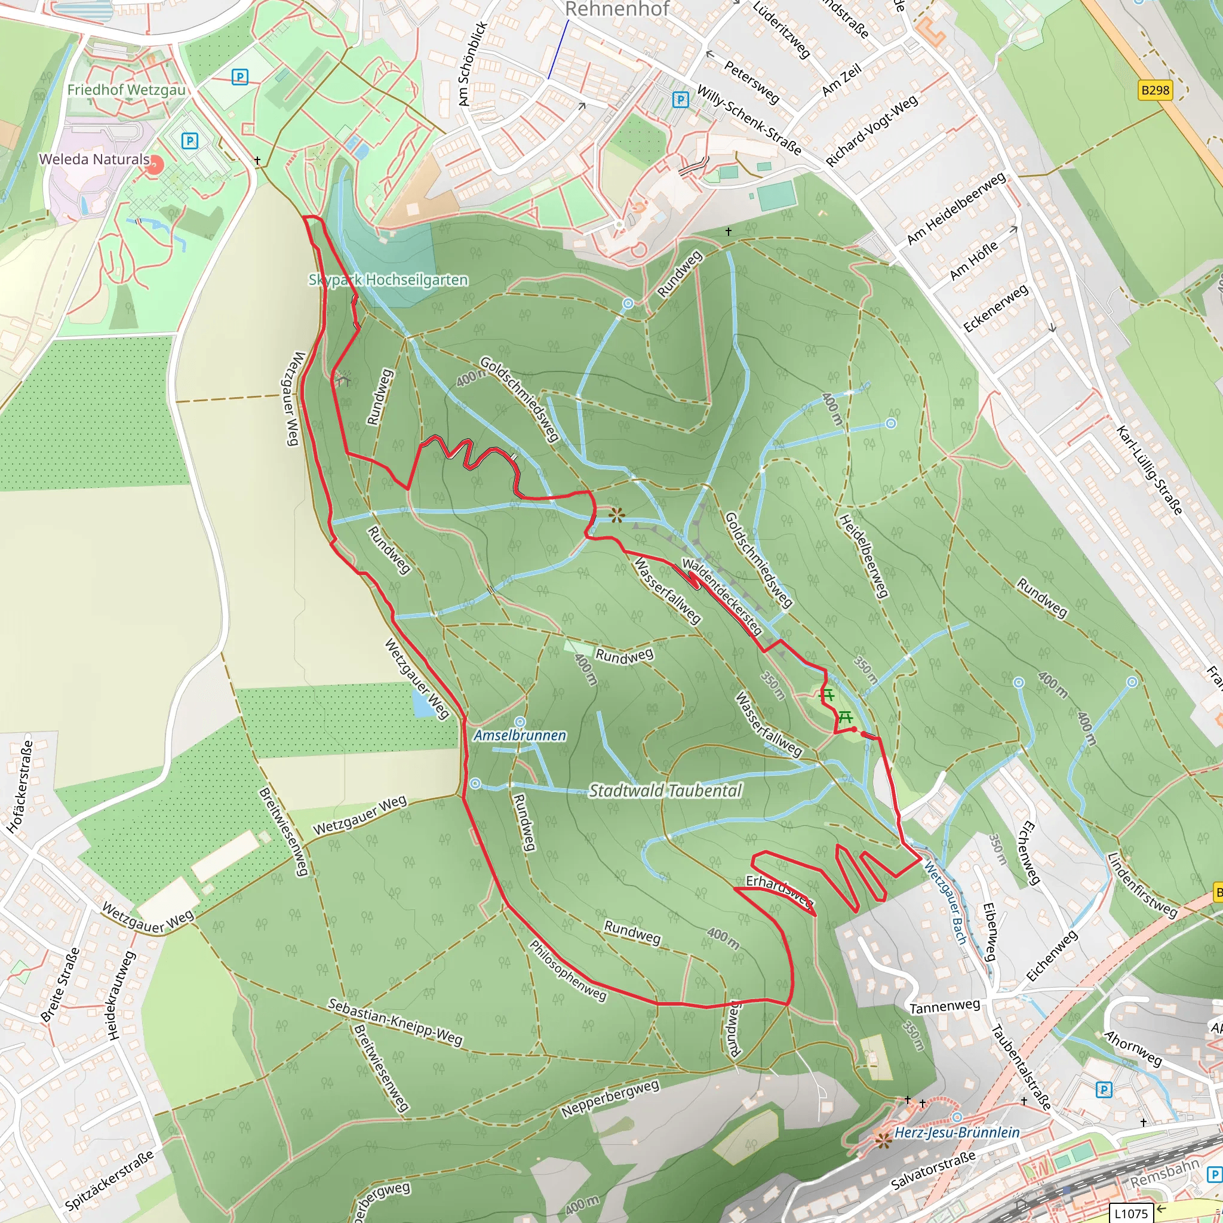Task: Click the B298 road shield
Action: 1155,90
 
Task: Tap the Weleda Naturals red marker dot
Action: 155,166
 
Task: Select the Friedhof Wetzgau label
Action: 127,90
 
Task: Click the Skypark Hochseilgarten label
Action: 388,280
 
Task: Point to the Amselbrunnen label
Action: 520,736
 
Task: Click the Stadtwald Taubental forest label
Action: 665,791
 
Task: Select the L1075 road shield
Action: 1131,1213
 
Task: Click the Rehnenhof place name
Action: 616,10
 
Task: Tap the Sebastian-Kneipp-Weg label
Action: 395,1022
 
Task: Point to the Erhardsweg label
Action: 779,890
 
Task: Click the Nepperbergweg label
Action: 610,1098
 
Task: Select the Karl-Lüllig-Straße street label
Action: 1148,471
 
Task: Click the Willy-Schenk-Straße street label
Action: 749,119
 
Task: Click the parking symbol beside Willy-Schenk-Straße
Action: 680,99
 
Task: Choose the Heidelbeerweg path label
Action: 864,556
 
